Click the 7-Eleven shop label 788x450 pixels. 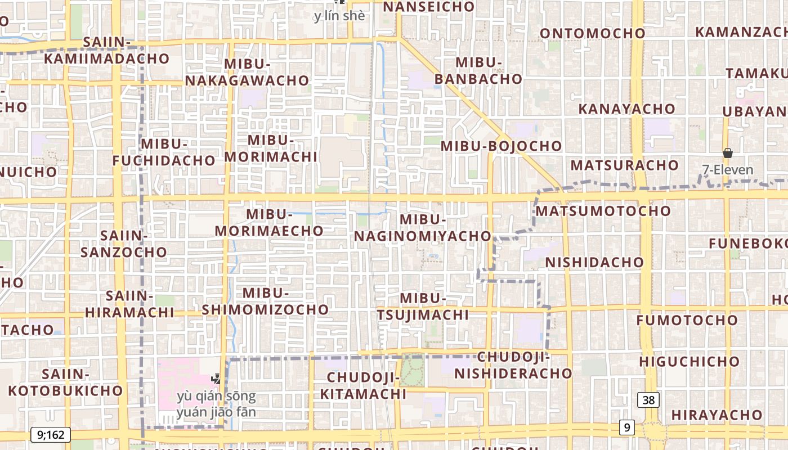coord(727,169)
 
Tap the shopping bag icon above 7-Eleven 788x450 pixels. coord(727,153)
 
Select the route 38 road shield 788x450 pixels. coord(648,400)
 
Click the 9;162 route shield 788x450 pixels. coord(50,434)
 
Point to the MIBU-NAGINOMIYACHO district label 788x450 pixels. coord(423,228)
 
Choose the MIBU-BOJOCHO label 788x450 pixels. coord(501,146)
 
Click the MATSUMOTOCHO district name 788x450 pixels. coord(603,211)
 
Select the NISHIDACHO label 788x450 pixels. coord(594,262)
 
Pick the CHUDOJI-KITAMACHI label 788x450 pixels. coord(363,385)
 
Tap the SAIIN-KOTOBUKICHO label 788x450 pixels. coord(65,382)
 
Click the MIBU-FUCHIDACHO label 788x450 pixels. coord(164,152)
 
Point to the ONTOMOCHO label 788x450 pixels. coord(592,33)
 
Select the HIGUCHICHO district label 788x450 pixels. coord(689,361)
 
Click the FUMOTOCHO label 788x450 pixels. coord(687,320)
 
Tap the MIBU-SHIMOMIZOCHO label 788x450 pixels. coord(265,301)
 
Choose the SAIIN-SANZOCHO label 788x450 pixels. coord(124,243)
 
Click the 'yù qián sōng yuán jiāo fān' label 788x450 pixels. coord(216,404)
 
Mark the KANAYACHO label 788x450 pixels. coord(626,109)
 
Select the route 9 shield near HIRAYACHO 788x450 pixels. coord(626,427)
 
